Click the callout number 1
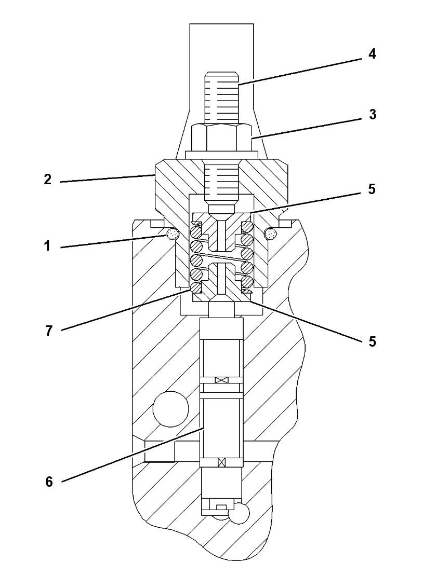click(x=48, y=246)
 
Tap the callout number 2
click(x=48, y=180)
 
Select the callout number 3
click(x=372, y=114)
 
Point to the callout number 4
click(x=372, y=54)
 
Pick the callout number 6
click(x=49, y=482)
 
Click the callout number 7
click(x=49, y=331)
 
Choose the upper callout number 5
click(x=372, y=189)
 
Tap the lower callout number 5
click(x=372, y=341)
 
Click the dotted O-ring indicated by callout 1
click(x=171, y=235)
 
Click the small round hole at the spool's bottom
click(x=240, y=513)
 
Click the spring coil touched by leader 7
click(x=195, y=287)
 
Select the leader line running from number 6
click(x=130, y=455)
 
